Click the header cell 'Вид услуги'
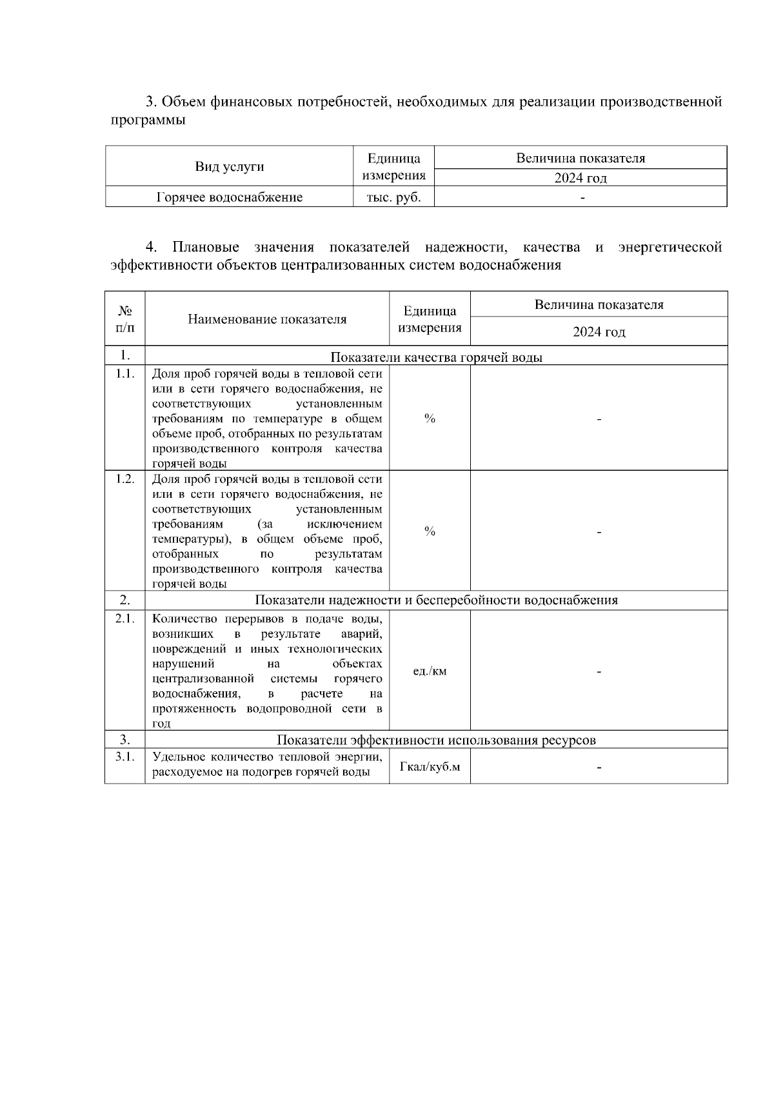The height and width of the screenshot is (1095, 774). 230,167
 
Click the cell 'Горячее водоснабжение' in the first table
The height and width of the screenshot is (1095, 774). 230,197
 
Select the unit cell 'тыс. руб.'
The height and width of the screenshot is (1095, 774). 393,197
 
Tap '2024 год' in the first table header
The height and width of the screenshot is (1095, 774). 580,178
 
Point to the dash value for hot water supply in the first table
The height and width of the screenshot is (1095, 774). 582,197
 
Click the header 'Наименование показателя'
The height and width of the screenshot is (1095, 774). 267,319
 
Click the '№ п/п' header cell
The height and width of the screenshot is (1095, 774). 125,319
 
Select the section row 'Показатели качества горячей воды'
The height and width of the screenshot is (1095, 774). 436,357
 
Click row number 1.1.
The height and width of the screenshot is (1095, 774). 125,373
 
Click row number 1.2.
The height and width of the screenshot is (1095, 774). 125,478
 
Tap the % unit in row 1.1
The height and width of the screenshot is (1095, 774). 430,419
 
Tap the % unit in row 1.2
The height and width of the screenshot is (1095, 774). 430,531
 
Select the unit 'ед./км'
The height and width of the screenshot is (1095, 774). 430,671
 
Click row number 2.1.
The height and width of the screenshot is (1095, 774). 125,618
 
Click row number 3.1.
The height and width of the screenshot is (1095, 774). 125,756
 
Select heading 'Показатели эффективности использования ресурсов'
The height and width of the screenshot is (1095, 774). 436,740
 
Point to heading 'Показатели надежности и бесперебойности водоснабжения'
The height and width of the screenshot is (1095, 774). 436,600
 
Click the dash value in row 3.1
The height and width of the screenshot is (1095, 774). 599,767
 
